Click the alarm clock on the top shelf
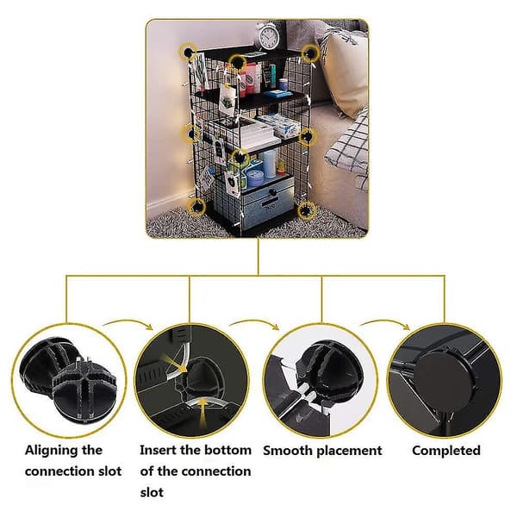click(268, 36)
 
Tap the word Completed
click(446, 451)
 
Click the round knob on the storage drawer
click(272, 192)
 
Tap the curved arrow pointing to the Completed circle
click(385, 323)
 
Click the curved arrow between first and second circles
click(128, 323)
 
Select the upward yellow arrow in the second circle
click(204, 412)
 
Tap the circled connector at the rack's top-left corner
click(188, 53)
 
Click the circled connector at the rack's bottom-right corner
click(306, 209)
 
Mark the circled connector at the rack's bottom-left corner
click(196, 207)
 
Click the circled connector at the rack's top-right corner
click(310, 53)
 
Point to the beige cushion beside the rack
click(345, 72)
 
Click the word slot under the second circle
click(152, 493)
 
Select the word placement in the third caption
click(347, 451)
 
